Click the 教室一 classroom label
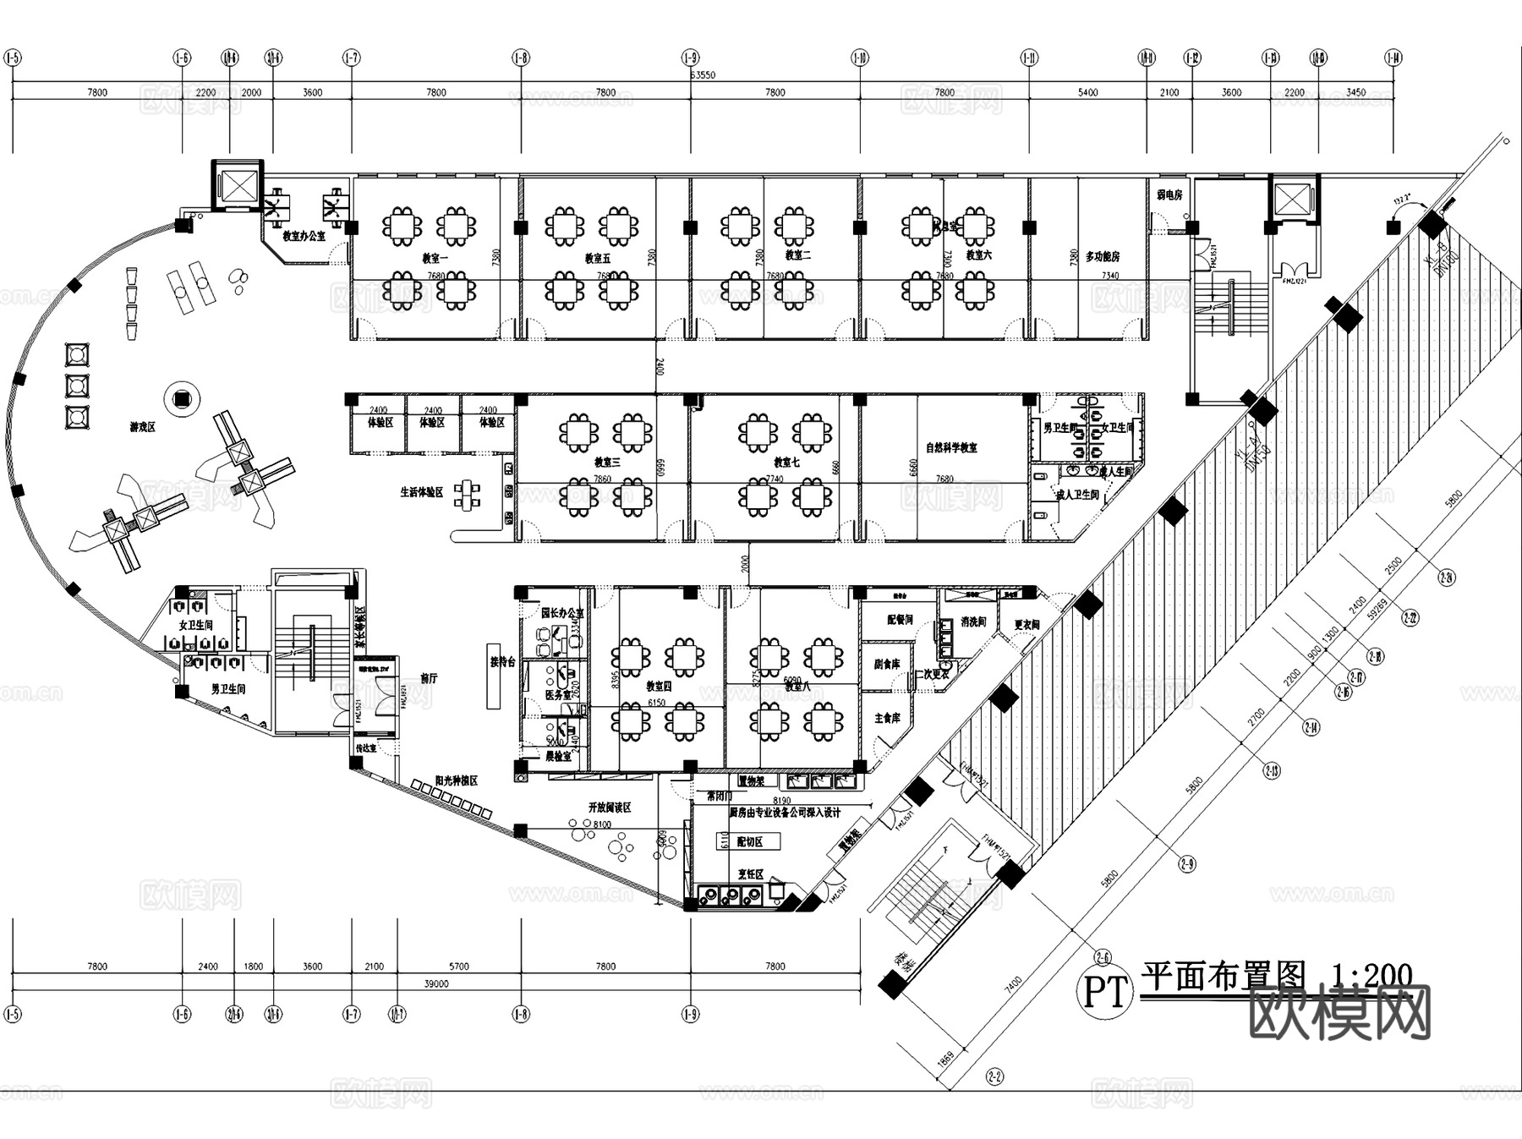coord(435,258)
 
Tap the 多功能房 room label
coord(1103,256)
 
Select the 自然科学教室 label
coord(951,447)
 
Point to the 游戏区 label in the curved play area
coord(143,428)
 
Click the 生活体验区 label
coord(422,492)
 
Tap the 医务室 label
coord(558,695)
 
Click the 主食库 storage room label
coord(887,718)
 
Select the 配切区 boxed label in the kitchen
coord(749,842)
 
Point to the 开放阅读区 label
coord(610,808)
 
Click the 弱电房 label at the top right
coord(1169,195)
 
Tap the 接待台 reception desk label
coord(502,662)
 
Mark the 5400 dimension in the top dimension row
coord(1088,92)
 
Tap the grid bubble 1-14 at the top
coord(1393,57)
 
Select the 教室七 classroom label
coord(786,463)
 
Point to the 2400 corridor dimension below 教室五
coord(659,367)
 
